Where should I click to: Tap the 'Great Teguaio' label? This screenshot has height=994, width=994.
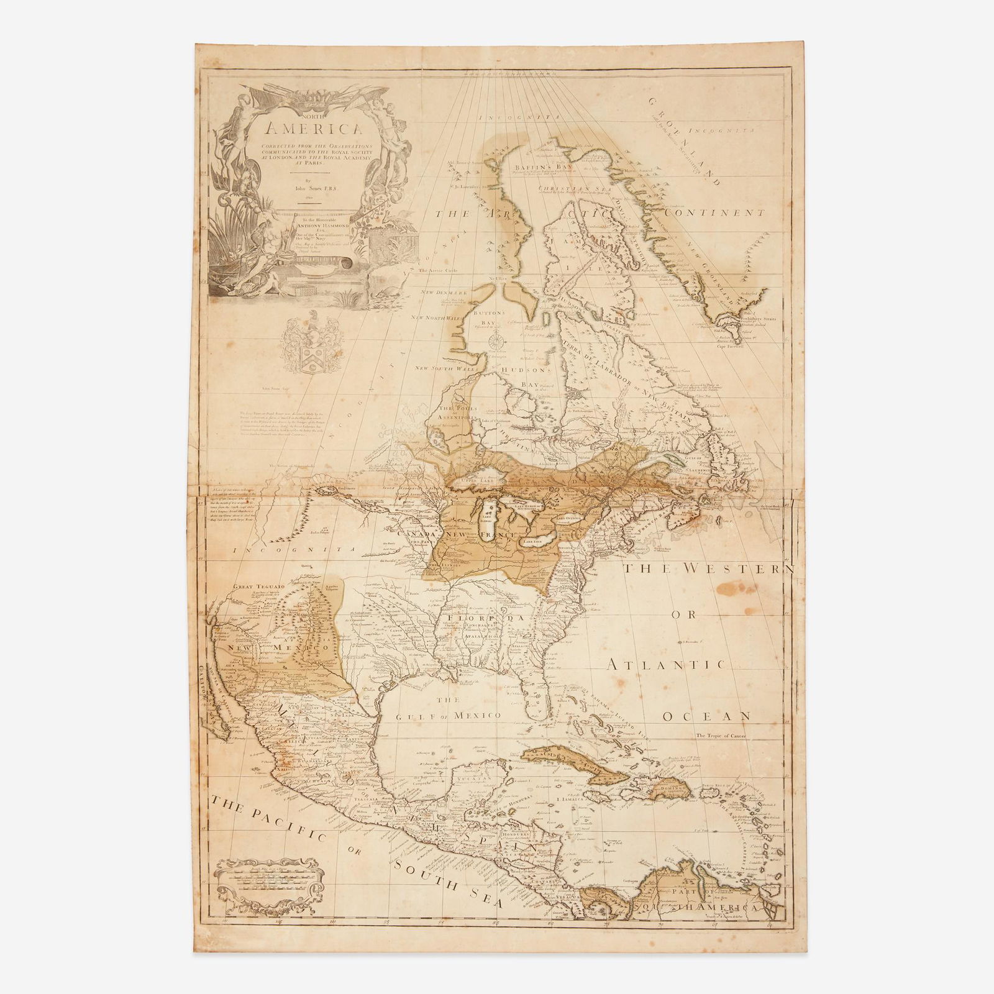(x=253, y=585)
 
